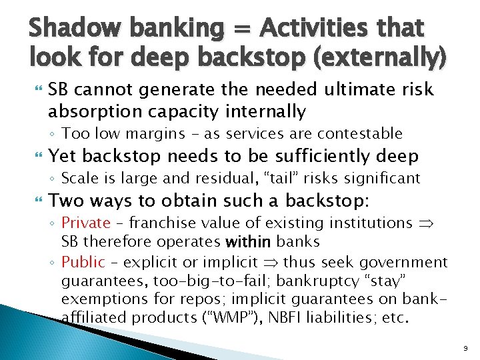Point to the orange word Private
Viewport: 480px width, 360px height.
coord(85,223)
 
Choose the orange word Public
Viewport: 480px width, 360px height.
coord(83,262)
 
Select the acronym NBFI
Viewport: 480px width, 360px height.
coord(287,318)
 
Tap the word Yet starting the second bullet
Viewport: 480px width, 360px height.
coord(63,156)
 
